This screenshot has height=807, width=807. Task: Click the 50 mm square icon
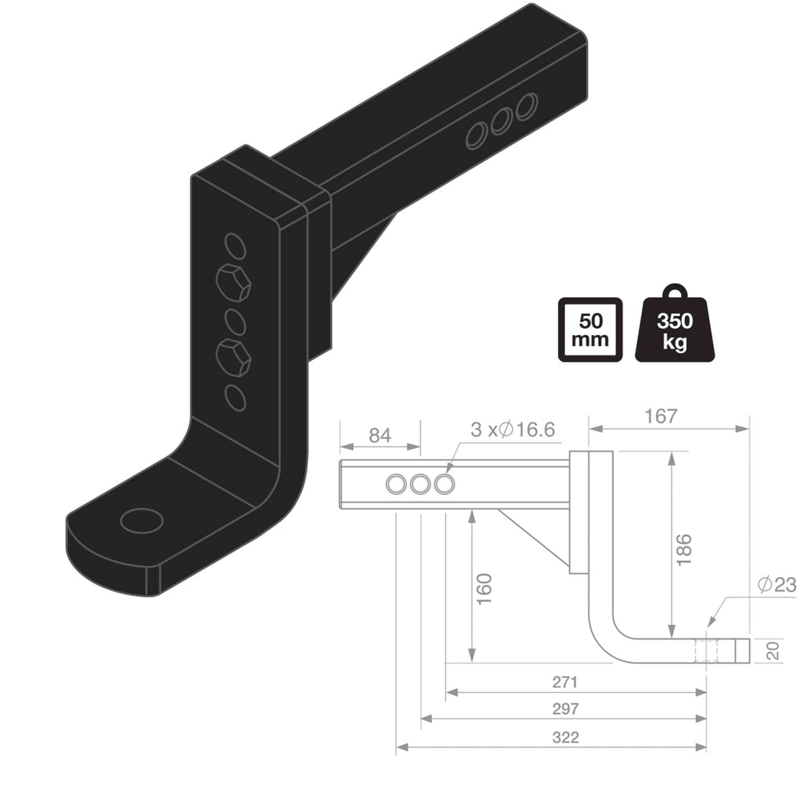589,329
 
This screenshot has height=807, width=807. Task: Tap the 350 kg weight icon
675,327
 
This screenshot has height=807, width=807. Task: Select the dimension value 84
380,434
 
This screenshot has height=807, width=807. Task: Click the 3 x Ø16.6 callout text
512,430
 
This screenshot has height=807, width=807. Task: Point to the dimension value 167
660,416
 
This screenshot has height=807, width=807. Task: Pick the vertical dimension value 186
683,549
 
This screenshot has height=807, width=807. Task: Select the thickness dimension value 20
772,650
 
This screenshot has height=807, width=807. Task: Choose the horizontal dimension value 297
565,708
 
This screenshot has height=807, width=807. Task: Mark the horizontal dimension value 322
565,737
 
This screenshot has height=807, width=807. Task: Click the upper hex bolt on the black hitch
233,282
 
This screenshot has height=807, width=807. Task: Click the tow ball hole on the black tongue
142,520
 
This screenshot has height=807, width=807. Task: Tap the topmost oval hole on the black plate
234,246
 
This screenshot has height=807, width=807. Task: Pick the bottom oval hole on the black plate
234,397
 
